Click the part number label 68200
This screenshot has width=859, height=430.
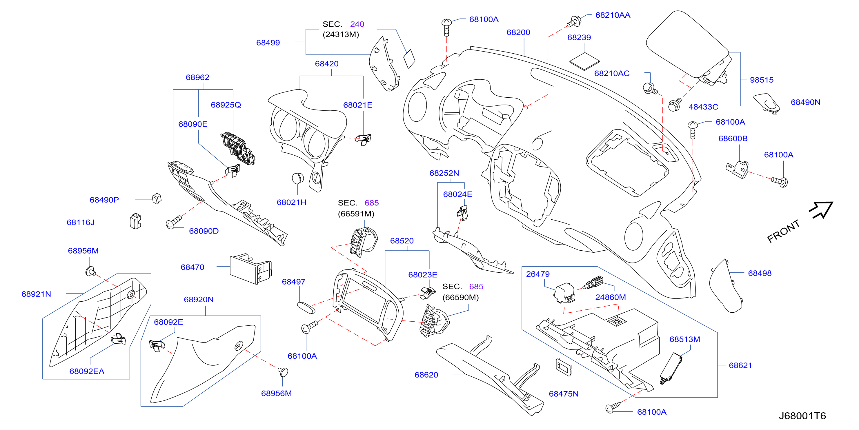coord(518,32)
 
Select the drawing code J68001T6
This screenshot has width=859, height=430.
coord(802,416)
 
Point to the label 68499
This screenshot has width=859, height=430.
coord(268,43)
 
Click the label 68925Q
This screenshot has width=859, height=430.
coord(226,105)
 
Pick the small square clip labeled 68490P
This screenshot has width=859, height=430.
coord(156,198)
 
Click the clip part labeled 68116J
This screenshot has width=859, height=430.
coord(135,221)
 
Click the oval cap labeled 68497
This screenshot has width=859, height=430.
coord(306,308)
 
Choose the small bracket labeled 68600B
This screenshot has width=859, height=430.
coord(738,169)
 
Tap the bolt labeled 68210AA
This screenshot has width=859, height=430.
coord(574,22)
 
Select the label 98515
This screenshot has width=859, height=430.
coord(762,80)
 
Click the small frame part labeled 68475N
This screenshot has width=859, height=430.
coord(564,367)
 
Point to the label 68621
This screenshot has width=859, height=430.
coord(740,365)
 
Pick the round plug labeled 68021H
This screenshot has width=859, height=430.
coord(298,178)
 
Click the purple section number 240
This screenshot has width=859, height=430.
coord(357,24)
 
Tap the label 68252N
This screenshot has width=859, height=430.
coord(444,173)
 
